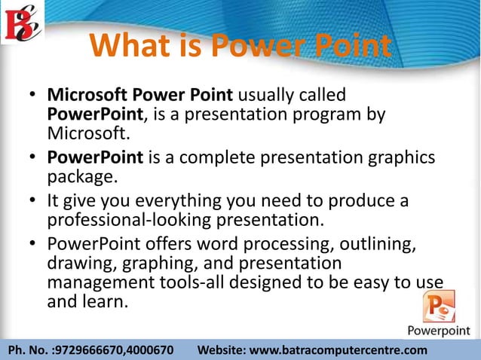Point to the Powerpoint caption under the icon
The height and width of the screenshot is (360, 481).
441,331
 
